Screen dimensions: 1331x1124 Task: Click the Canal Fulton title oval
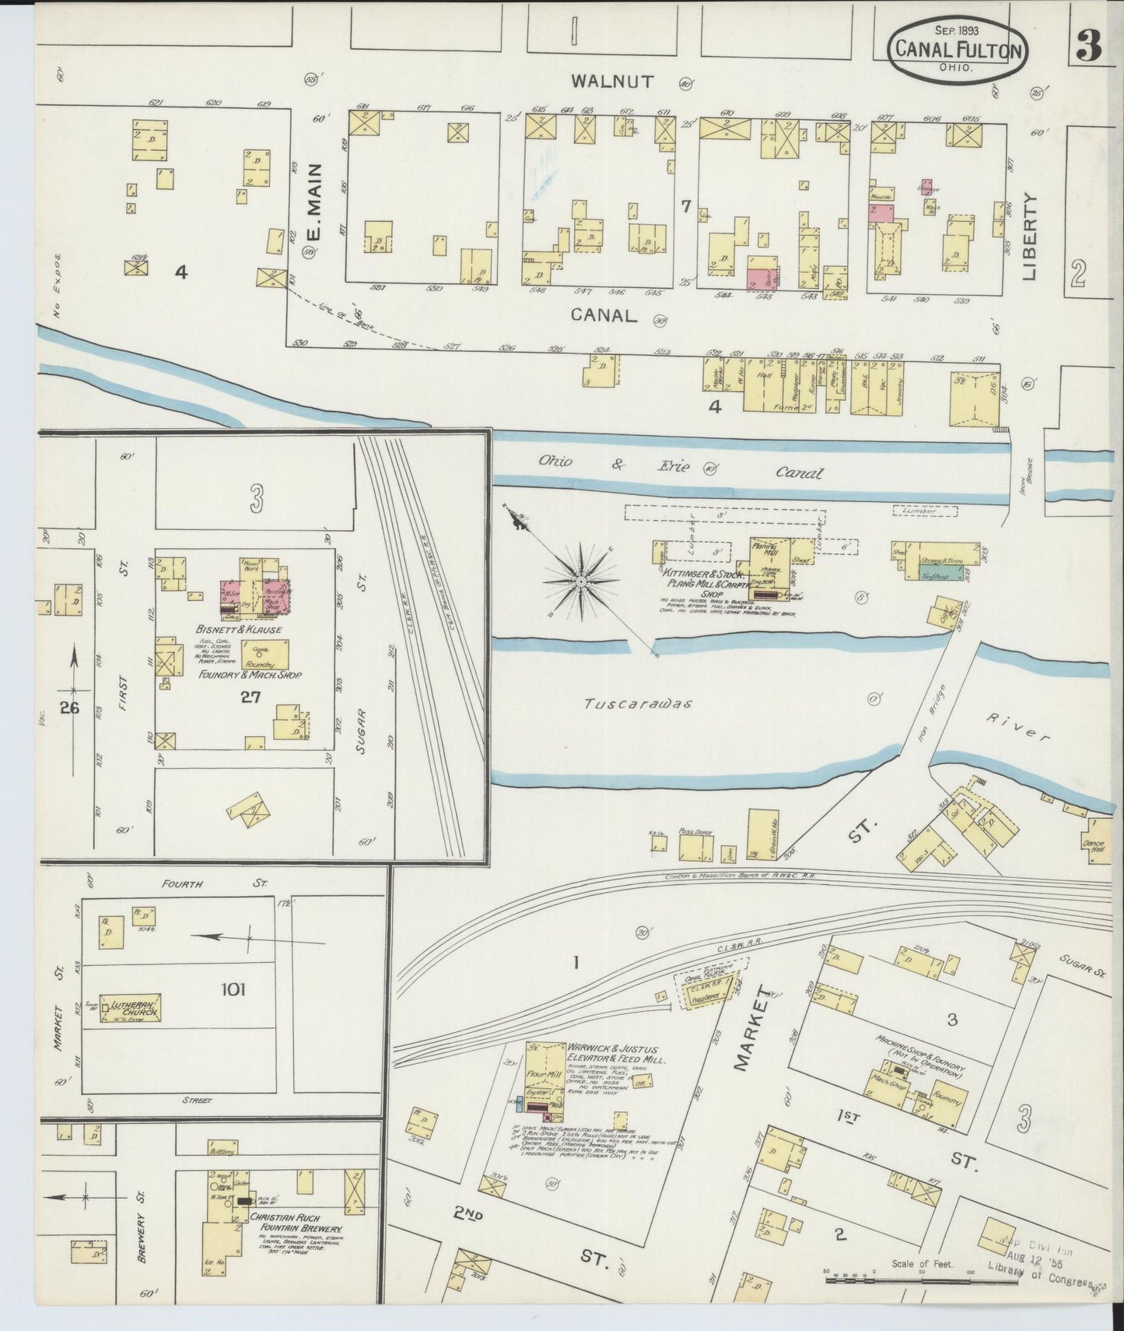tap(958, 49)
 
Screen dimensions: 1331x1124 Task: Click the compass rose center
tap(581, 581)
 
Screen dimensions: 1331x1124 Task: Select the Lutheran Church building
tap(130, 1007)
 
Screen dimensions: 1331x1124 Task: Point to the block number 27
tap(250, 697)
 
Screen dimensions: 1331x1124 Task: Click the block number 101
tap(233, 989)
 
